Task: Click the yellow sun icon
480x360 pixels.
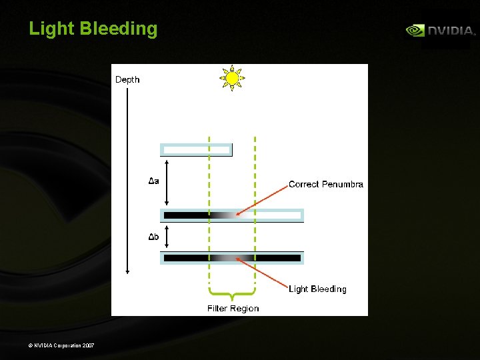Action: pyautogui.click(x=232, y=79)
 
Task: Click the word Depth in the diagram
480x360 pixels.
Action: pyautogui.click(x=127, y=80)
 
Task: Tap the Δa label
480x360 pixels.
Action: pyautogui.click(x=153, y=181)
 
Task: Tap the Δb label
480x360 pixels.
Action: pyautogui.click(x=153, y=237)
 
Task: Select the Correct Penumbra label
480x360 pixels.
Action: pyautogui.click(x=326, y=184)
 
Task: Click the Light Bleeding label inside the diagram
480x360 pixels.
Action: pyautogui.click(x=317, y=289)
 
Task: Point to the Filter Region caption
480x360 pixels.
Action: pyautogui.click(x=233, y=308)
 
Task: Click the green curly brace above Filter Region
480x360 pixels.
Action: pyautogui.click(x=232, y=293)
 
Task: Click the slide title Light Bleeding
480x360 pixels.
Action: pyautogui.click(x=93, y=29)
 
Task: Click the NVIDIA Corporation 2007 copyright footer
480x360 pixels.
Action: pyautogui.click(x=61, y=345)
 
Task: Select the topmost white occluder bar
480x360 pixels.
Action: pyautogui.click(x=196, y=149)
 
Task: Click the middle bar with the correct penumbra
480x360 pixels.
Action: pyautogui.click(x=232, y=215)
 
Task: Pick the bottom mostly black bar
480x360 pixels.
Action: pyautogui.click(x=232, y=257)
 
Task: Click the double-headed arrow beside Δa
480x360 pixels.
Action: pyautogui.click(x=167, y=181)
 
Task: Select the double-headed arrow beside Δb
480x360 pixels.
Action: pyautogui.click(x=167, y=237)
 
